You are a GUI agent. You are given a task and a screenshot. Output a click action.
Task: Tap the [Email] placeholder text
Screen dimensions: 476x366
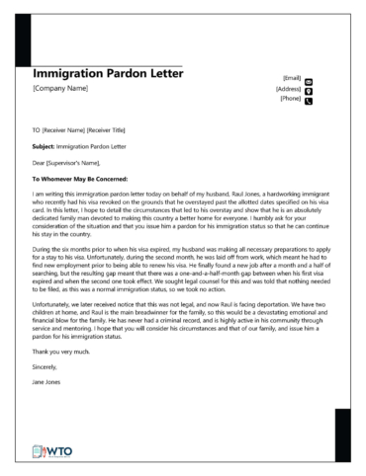(291, 78)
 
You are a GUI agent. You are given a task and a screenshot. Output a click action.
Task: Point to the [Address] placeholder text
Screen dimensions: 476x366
(288, 89)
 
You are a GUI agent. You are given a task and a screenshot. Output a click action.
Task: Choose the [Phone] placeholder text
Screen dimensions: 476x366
(290, 99)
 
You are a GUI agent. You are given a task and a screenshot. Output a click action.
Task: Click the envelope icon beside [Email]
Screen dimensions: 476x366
(309, 79)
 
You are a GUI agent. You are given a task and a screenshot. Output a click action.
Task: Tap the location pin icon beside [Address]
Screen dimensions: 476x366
(309, 90)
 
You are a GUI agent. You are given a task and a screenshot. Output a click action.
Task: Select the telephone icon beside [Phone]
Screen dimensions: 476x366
(309, 101)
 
